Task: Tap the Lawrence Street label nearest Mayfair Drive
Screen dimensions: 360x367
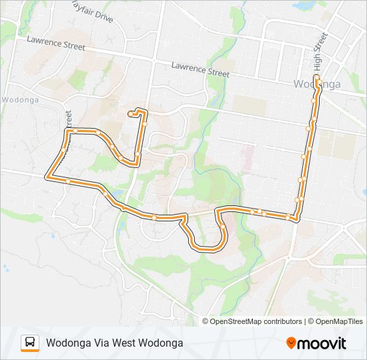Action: (x=56, y=43)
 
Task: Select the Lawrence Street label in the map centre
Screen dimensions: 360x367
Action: (x=200, y=69)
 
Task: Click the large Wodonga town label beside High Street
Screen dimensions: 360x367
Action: (x=317, y=84)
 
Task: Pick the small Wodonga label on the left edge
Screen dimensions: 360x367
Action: (x=20, y=100)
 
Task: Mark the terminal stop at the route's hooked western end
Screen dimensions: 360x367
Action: (x=131, y=114)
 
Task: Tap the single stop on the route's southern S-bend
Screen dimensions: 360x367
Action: (x=222, y=227)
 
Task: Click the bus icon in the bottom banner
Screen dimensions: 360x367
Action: (x=30, y=343)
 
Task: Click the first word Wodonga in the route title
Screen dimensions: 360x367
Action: (x=69, y=343)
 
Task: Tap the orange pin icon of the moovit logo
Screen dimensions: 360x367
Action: (x=291, y=343)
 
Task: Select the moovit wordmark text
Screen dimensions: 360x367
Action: (x=322, y=343)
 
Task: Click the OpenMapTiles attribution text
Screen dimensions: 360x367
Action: (x=338, y=321)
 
